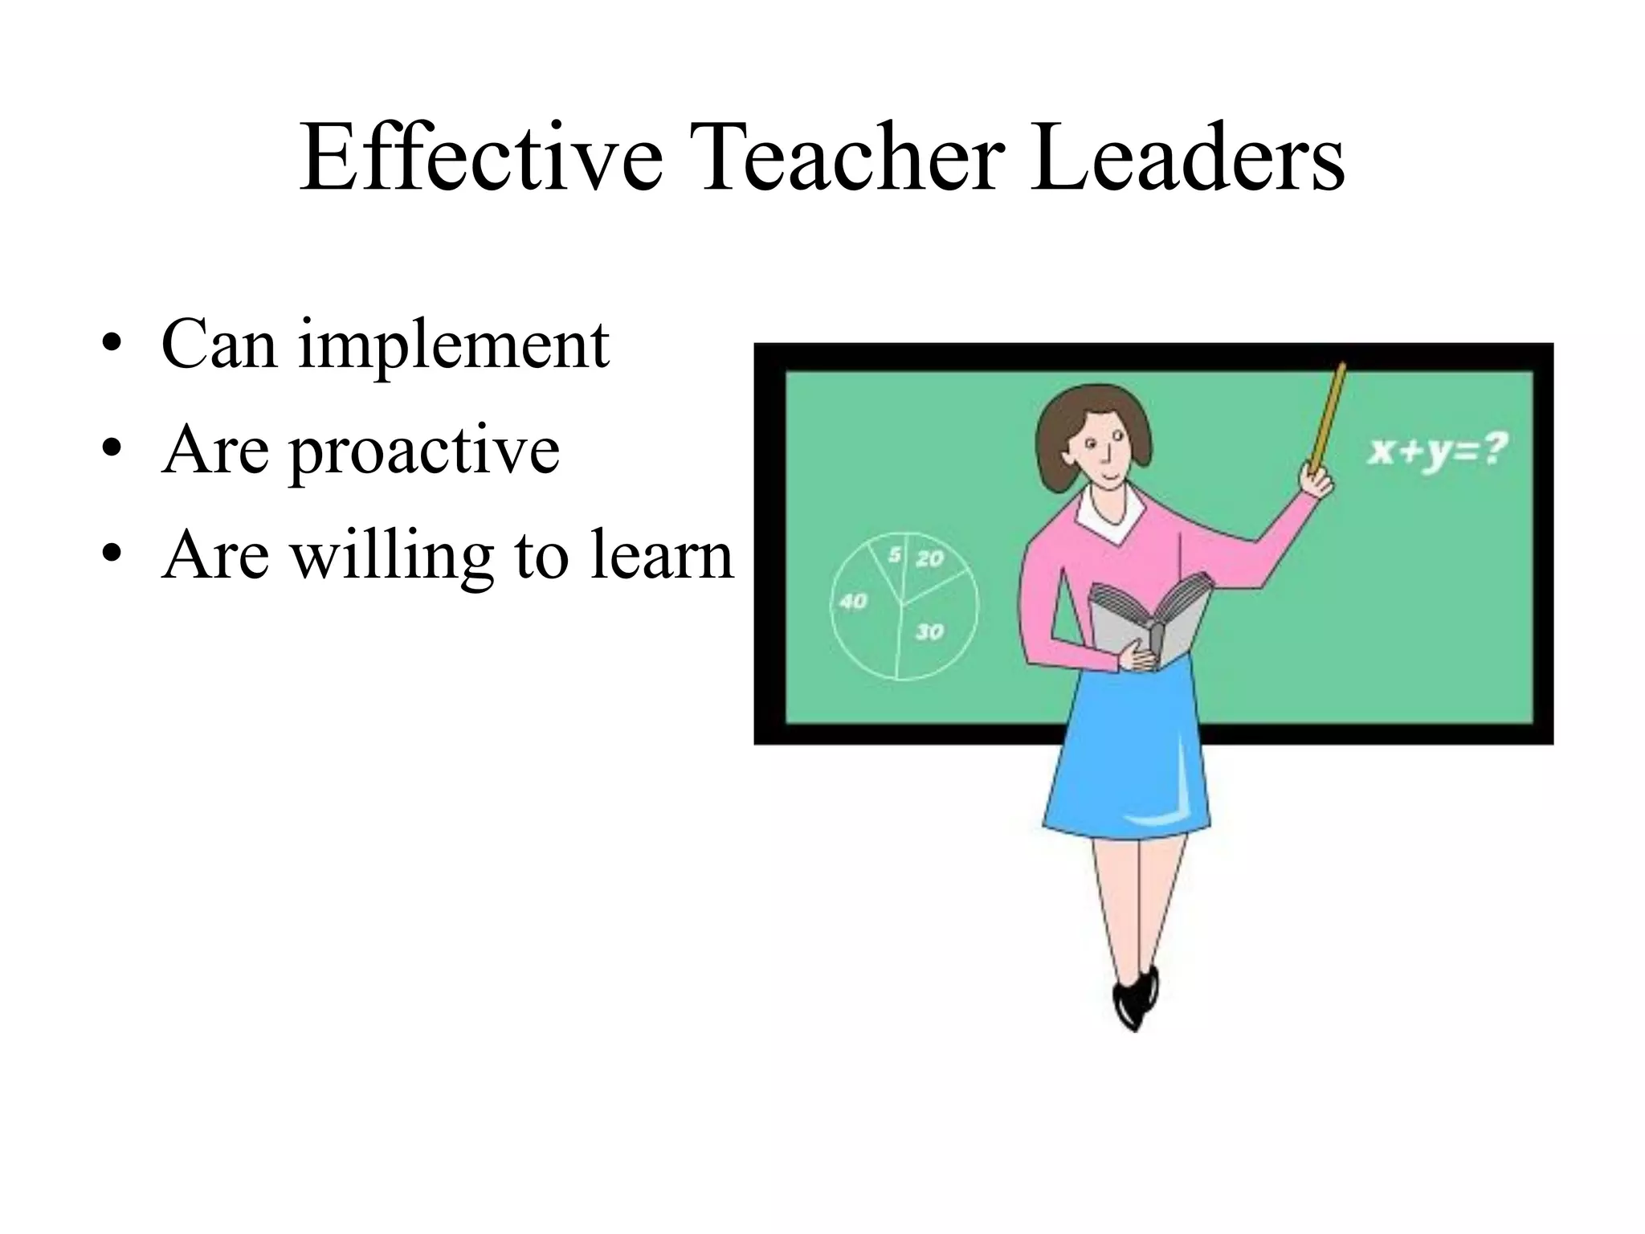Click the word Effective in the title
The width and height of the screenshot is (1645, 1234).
point(480,158)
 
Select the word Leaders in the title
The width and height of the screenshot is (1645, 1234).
point(1187,158)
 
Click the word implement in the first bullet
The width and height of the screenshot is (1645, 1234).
point(454,345)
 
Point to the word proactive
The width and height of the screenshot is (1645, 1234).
point(424,452)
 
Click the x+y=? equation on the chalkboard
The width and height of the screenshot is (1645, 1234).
point(1437,450)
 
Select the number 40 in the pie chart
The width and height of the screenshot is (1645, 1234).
point(853,601)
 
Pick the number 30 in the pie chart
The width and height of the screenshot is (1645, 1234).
point(929,632)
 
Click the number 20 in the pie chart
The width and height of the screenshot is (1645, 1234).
point(929,558)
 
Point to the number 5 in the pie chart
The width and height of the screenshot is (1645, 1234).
point(893,554)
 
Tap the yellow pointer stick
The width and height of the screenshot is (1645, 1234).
point(1327,418)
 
